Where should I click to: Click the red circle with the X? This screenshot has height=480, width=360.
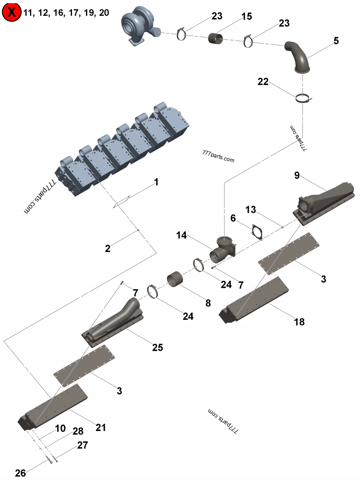(x=11, y=12)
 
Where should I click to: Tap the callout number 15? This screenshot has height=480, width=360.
(x=247, y=16)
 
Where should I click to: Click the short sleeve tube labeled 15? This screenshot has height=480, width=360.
(x=216, y=39)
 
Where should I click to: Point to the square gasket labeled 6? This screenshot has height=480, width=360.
(x=257, y=232)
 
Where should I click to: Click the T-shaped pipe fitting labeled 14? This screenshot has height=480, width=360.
(x=223, y=250)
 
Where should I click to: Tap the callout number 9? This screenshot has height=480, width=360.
(x=297, y=175)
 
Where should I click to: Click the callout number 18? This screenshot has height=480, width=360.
(x=299, y=322)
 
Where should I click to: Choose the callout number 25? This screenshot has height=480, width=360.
(x=157, y=347)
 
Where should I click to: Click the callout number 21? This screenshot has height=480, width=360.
(x=100, y=427)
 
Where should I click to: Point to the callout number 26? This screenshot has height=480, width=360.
(x=20, y=473)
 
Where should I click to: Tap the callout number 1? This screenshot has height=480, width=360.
(x=156, y=182)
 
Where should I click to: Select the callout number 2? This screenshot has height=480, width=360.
(x=108, y=248)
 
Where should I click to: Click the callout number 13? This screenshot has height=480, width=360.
(x=250, y=210)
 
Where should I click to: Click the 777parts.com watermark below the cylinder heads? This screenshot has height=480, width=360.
(x=218, y=156)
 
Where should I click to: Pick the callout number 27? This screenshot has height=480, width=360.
(x=82, y=445)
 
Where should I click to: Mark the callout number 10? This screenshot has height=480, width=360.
(x=60, y=428)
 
